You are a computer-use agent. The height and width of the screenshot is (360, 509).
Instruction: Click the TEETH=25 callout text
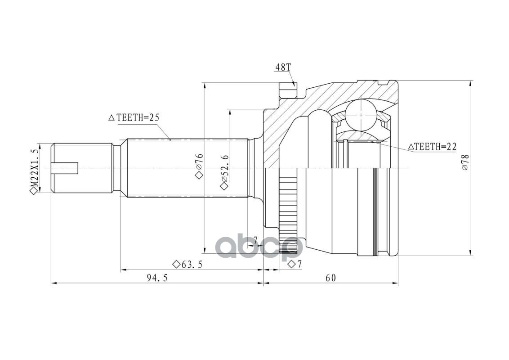coord(138,117)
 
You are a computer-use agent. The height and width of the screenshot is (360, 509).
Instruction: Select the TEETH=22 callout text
coord(435,147)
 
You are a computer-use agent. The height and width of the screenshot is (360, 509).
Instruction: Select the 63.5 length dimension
coord(192,265)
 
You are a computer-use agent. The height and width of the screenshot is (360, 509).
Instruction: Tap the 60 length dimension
coord(331,278)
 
